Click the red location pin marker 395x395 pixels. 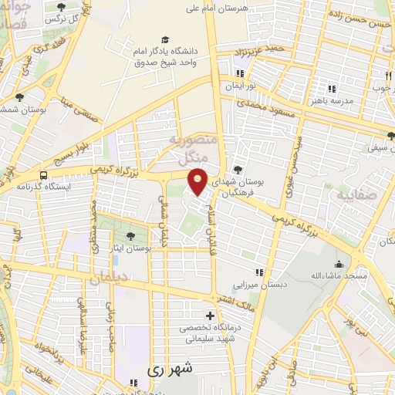[x=198, y=181]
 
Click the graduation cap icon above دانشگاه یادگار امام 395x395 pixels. [x=164, y=39]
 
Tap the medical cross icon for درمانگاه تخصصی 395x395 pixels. [x=210, y=316]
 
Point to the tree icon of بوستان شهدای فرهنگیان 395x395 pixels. [x=238, y=170]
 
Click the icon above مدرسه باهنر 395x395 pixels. [x=333, y=89]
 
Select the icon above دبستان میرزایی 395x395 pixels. [x=260, y=272]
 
